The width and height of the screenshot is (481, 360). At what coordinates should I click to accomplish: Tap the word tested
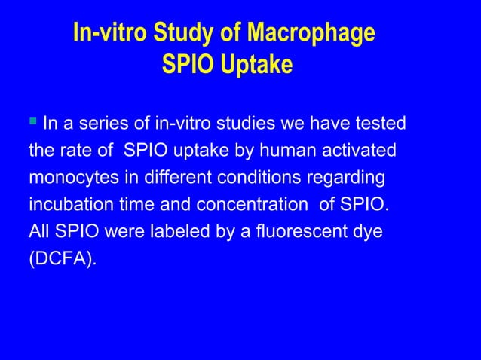pyautogui.click(x=380, y=123)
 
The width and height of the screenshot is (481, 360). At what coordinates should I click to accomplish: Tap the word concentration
pyautogui.click(x=251, y=205)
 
